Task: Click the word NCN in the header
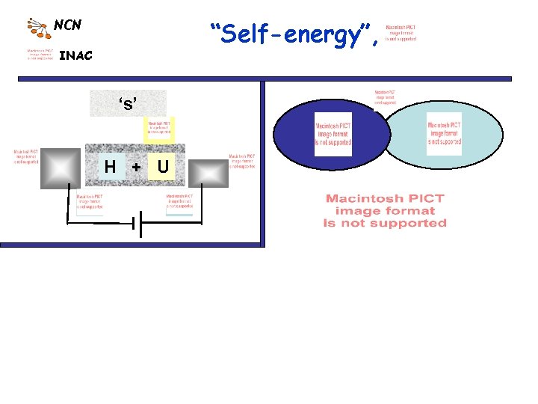click(x=67, y=25)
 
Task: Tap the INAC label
click(x=75, y=55)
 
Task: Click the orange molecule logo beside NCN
click(x=39, y=27)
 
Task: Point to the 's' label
click(x=128, y=103)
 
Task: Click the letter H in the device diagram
click(x=110, y=166)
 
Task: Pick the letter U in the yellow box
click(x=162, y=166)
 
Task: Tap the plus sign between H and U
click(x=136, y=166)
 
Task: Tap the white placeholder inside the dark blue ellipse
click(x=333, y=135)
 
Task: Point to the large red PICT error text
click(x=384, y=210)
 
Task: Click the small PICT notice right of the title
click(x=401, y=33)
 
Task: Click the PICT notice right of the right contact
click(x=241, y=162)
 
